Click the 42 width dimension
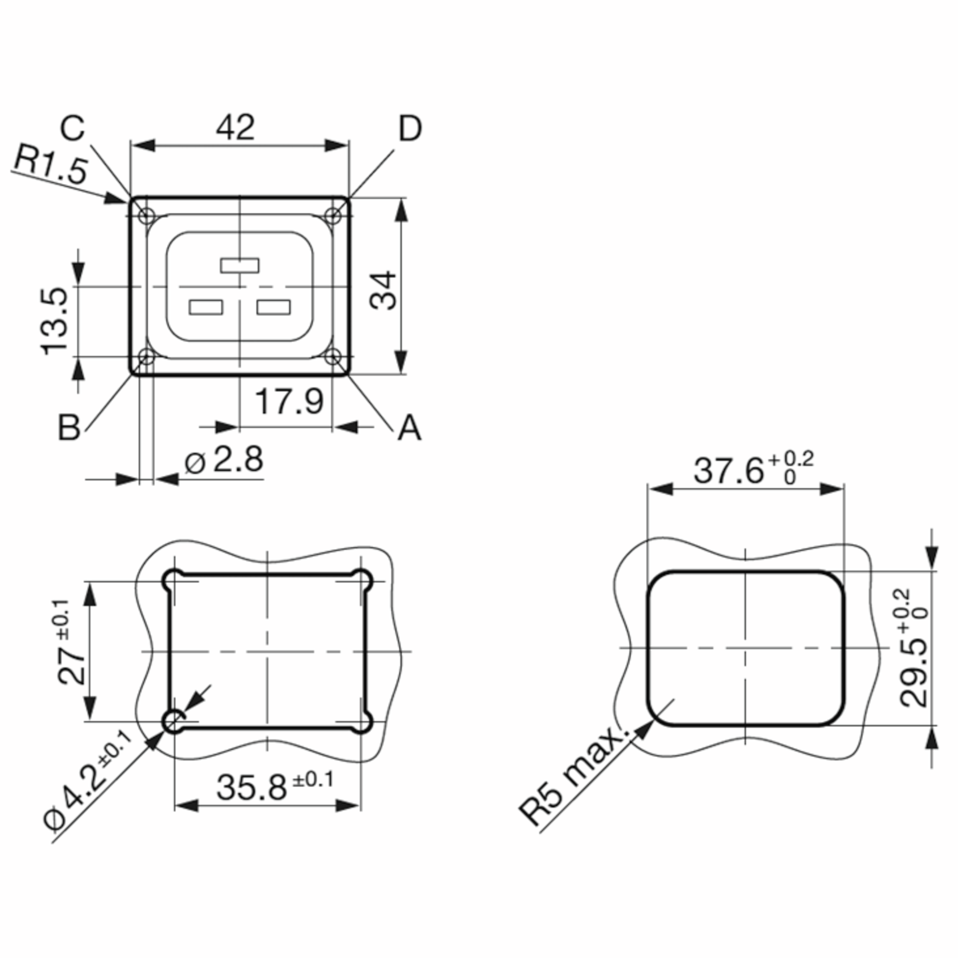coord(236,128)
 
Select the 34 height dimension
coord(383,290)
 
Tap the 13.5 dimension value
coord(53,321)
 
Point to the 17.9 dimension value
coord(289,402)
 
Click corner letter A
coord(410,428)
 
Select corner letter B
coord(69,427)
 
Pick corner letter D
coord(410,129)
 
